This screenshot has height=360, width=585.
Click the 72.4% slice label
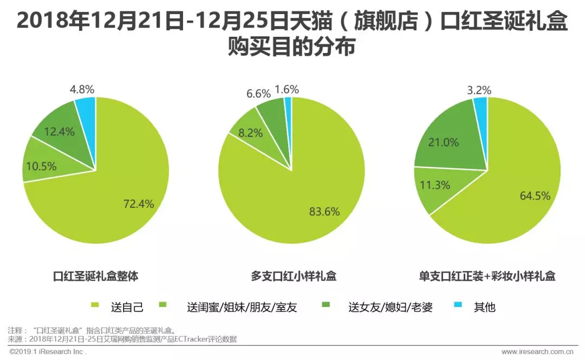click(139, 204)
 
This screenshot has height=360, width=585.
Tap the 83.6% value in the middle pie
click(324, 212)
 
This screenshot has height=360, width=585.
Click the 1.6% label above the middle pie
click(287, 89)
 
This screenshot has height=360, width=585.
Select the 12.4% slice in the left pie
click(60, 131)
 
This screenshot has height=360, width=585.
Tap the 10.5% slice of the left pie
click(42, 166)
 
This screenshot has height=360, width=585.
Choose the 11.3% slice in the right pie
click(434, 185)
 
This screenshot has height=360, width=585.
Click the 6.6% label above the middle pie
click(258, 93)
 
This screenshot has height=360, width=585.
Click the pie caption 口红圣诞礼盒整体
click(96, 276)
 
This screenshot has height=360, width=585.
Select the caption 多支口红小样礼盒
click(294, 276)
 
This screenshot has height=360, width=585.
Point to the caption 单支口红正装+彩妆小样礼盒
click(487, 276)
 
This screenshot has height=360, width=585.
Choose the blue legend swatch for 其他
click(459, 307)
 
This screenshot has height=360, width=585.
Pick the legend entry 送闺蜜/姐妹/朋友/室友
click(242, 307)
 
